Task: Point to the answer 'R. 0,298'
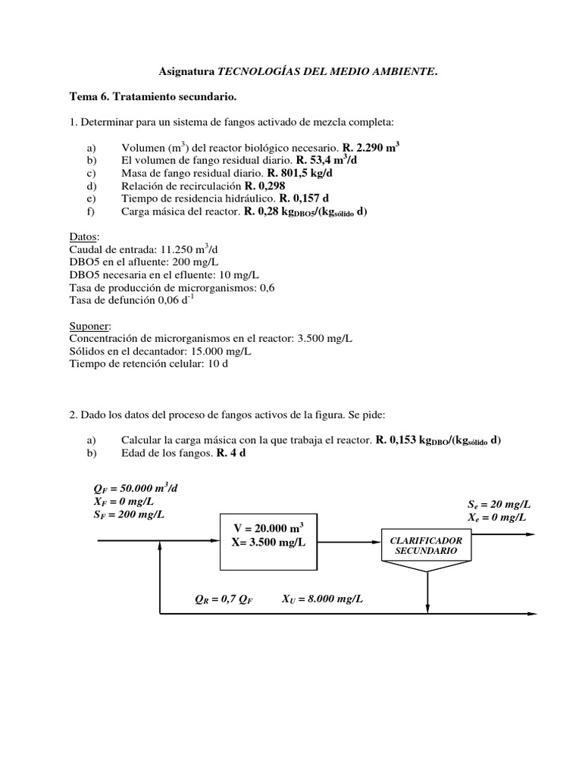pyautogui.click(x=267, y=186)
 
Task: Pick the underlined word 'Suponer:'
pyautogui.click(x=90, y=325)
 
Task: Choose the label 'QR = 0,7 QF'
pyautogui.click(x=224, y=599)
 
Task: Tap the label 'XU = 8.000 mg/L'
pyautogui.click(x=322, y=599)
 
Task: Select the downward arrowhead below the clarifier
pyautogui.click(x=429, y=607)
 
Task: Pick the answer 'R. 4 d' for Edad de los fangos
pyautogui.click(x=231, y=452)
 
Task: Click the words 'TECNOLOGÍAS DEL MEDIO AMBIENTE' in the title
pyautogui.click(x=327, y=72)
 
